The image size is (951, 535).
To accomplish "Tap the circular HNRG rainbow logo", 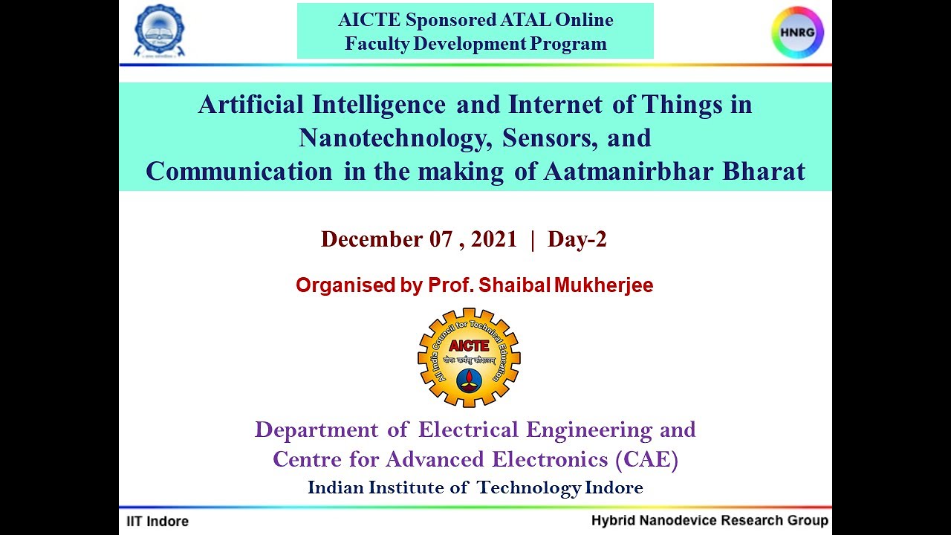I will [797, 32].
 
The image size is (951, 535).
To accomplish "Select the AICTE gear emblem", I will [469, 357].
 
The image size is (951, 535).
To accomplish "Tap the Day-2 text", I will [577, 239].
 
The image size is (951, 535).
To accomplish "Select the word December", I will [371, 239].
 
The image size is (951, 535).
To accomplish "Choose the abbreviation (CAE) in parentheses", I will [646, 460].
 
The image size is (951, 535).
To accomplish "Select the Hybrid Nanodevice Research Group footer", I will [709, 520].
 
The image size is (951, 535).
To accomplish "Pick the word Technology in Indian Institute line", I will [529, 488].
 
